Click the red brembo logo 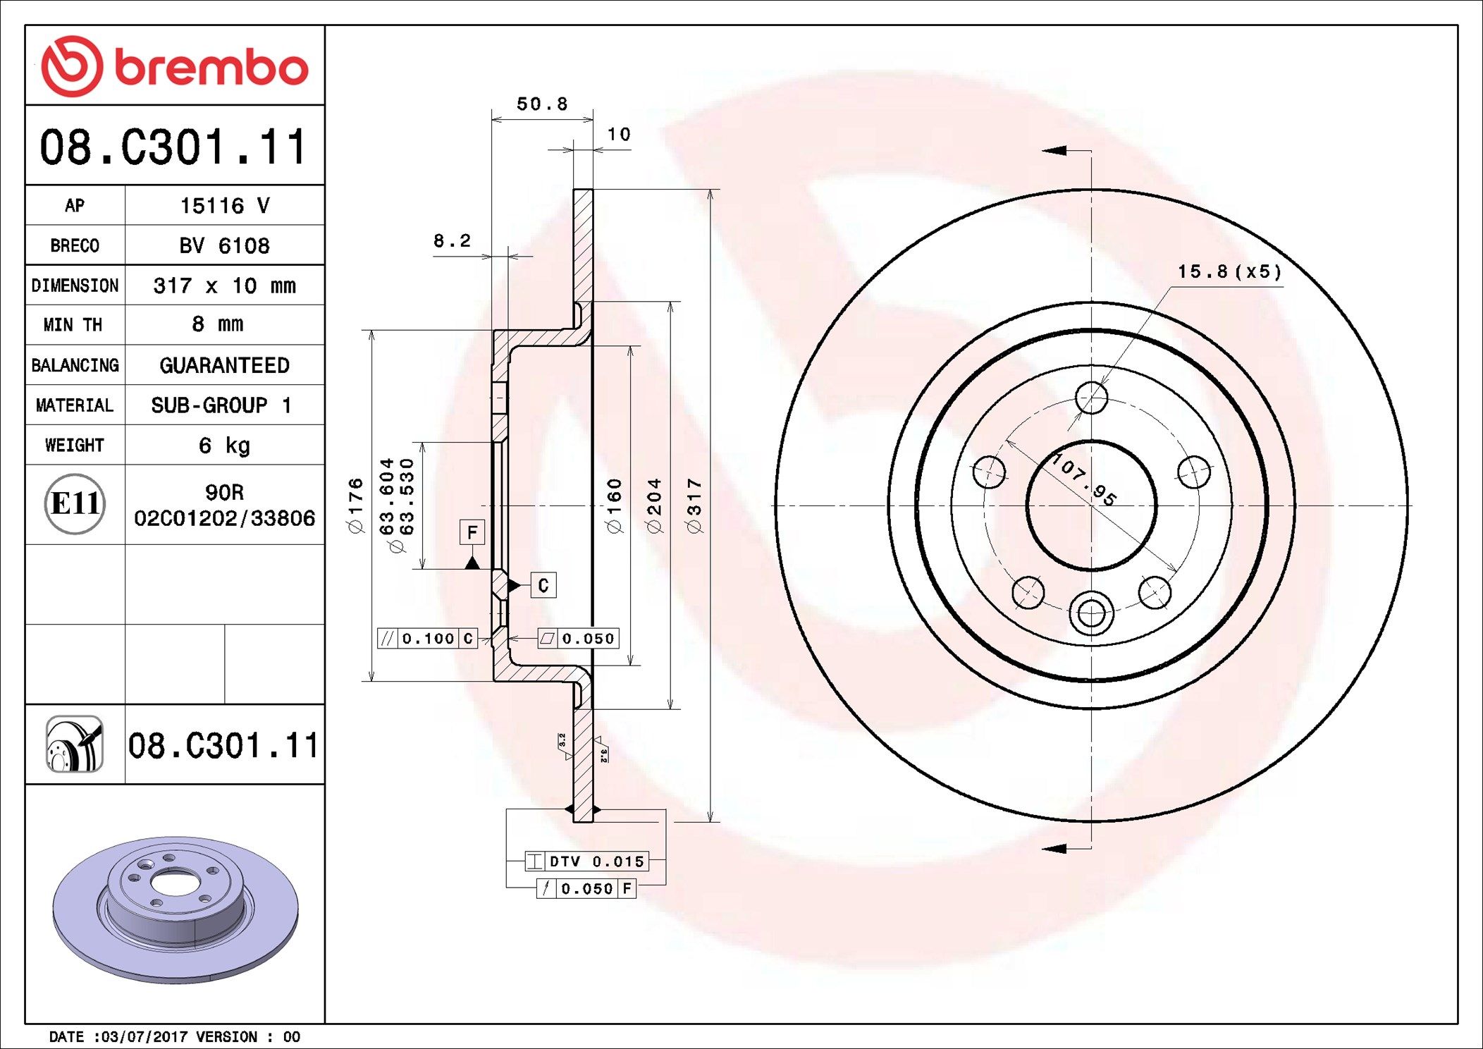tap(174, 66)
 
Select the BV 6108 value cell tap(224, 245)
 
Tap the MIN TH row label tap(73, 325)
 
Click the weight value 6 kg tap(224, 446)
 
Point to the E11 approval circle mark tap(75, 504)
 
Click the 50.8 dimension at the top tap(542, 104)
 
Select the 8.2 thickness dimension tap(452, 241)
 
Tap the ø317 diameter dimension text tap(695, 505)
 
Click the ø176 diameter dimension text tap(356, 505)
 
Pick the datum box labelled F tap(472, 532)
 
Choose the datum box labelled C tap(543, 585)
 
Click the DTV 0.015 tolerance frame tap(586, 861)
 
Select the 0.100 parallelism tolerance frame tap(428, 639)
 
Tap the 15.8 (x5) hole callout tap(1229, 272)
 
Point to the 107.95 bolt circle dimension tap(1085, 480)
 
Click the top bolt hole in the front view tap(1091, 398)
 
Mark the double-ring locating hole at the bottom tap(1091, 613)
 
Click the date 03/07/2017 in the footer tap(144, 1037)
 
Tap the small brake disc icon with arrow tap(75, 744)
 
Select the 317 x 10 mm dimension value tap(224, 286)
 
